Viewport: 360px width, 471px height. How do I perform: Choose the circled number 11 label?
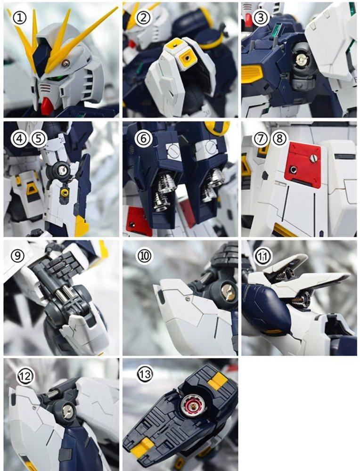(x=262, y=256)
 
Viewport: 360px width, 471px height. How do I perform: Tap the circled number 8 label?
(x=279, y=138)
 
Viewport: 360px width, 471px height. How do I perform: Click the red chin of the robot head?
(x=47, y=106)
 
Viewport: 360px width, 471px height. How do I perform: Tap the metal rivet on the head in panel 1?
(x=67, y=63)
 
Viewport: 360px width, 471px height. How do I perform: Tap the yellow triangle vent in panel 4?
(x=32, y=189)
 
